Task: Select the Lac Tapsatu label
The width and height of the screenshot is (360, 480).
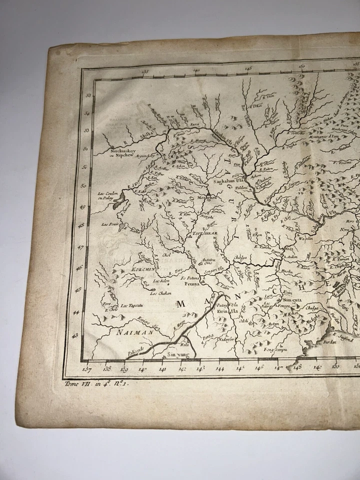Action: [131, 305]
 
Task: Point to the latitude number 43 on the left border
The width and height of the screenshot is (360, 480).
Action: [75, 336]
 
